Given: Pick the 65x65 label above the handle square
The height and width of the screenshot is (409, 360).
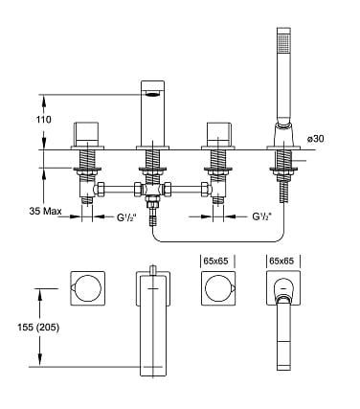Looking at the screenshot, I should click(x=215, y=260).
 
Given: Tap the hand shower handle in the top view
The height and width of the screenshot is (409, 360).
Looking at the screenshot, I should click(x=282, y=340).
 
